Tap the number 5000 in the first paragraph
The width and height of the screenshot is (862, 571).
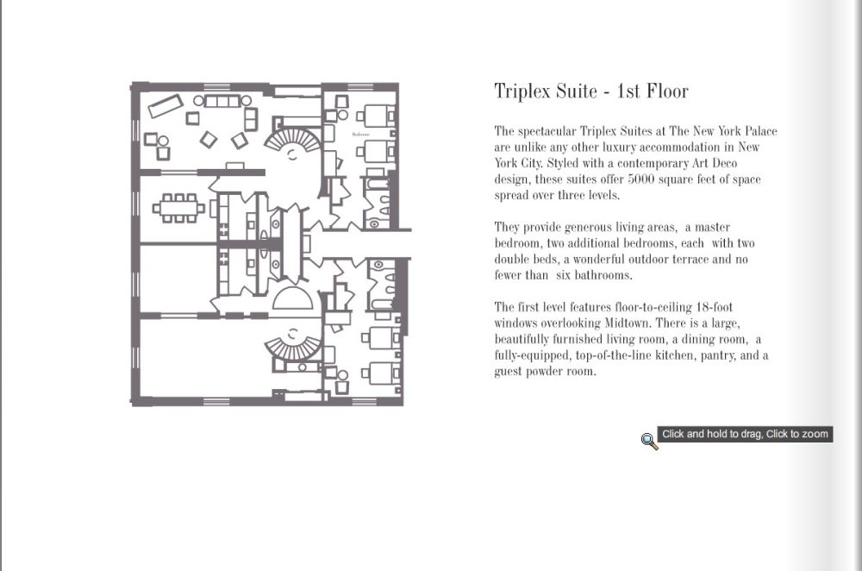click(640, 179)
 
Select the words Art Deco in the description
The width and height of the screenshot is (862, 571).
click(714, 163)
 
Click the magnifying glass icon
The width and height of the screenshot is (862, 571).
click(649, 441)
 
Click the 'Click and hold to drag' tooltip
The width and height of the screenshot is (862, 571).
click(745, 434)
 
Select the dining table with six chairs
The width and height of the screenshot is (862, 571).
click(178, 208)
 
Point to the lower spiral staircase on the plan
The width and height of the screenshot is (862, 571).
click(292, 346)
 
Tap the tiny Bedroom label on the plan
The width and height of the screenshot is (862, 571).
click(360, 135)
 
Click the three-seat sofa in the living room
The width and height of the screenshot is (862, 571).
click(222, 101)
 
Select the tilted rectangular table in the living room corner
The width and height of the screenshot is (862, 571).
click(166, 105)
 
